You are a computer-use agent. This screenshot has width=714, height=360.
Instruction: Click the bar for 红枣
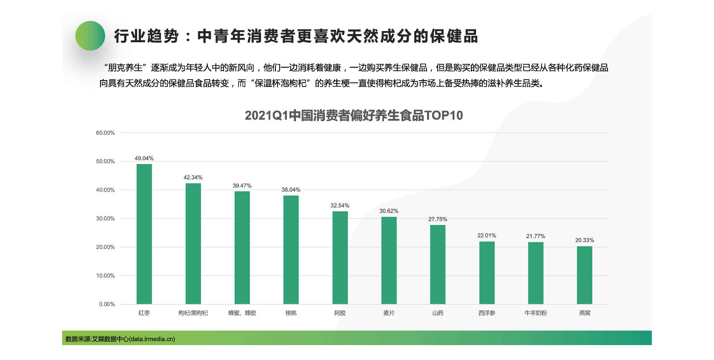(x=144, y=234)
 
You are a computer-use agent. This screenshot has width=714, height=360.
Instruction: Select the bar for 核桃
(x=291, y=250)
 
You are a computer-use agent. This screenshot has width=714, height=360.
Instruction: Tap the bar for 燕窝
(x=585, y=275)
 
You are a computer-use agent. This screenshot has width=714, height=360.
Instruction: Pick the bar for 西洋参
(x=487, y=273)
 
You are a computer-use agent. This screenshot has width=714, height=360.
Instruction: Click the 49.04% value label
(x=144, y=158)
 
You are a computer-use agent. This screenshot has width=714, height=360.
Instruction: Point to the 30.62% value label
(x=389, y=211)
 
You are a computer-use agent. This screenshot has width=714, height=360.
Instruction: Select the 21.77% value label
(x=536, y=236)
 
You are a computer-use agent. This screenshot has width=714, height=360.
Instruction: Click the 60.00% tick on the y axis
(x=105, y=133)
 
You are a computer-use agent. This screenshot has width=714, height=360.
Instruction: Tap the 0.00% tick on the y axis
(x=107, y=304)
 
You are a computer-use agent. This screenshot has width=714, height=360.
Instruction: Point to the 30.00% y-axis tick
(x=105, y=219)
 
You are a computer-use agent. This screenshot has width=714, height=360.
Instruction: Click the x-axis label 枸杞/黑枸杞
(x=193, y=313)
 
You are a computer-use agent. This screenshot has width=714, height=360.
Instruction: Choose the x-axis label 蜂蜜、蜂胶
(x=242, y=313)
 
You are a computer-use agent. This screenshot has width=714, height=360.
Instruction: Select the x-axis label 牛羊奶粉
(x=536, y=313)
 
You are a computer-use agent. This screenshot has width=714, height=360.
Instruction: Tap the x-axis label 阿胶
(x=340, y=313)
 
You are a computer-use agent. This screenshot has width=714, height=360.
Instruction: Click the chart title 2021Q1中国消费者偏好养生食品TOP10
(x=353, y=115)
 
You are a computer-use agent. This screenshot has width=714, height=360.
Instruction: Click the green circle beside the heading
(x=90, y=36)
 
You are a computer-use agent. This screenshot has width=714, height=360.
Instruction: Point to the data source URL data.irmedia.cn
(x=152, y=339)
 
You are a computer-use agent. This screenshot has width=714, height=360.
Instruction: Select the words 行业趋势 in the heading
(x=146, y=37)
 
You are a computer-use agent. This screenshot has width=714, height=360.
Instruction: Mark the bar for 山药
(x=438, y=264)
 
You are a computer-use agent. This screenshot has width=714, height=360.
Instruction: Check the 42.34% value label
(x=193, y=178)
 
